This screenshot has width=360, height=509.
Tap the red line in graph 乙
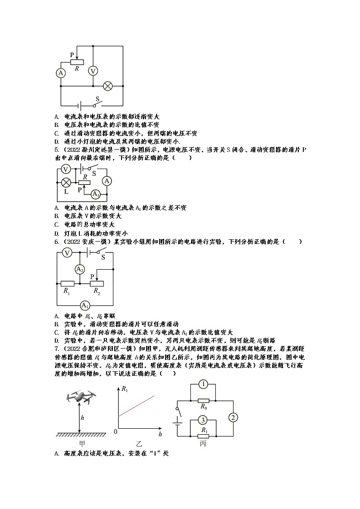136,406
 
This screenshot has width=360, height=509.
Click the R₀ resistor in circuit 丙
204,401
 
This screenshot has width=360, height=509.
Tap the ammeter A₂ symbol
80,269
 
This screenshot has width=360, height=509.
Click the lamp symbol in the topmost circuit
108,86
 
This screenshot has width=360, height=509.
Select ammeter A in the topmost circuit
61,73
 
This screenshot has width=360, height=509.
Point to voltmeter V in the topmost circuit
92,71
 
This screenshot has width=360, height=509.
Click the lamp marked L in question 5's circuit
66,182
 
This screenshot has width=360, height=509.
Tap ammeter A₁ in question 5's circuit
95,194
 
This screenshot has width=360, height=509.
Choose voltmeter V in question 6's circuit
67,253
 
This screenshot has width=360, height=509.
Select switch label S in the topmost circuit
97,98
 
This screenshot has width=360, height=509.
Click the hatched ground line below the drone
81,435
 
